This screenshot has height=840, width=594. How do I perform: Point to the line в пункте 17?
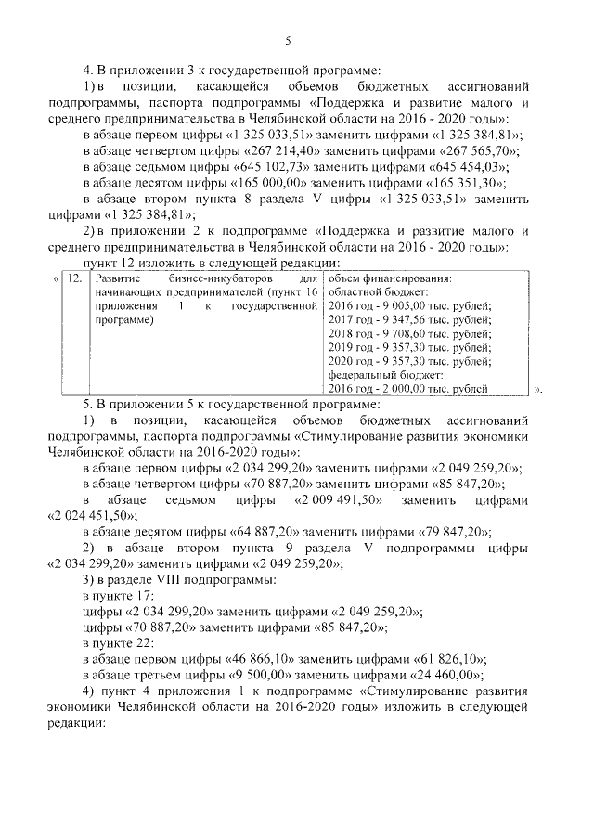pos(115,595)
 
